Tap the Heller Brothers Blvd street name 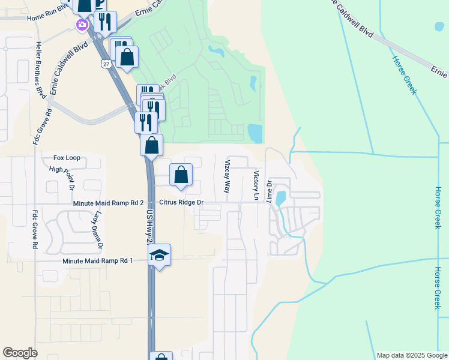click(x=41, y=71)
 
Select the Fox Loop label click(x=67, y=158)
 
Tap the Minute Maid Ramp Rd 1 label click(x=97, y=260)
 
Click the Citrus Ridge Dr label click(x=181, y=203)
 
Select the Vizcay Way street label click(x=227, y=176)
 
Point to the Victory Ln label click(x=256, y=185)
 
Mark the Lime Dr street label click(x=270, y=191)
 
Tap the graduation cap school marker click(x=160, y=256)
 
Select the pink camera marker click(x=81, y=25)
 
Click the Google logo click(x=20, y=353)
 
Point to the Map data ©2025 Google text click(x=411, y=355)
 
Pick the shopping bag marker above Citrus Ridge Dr click(x=181, y=175)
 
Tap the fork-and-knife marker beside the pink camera click(x=105, y=22)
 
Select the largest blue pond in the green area click(x=255, y=133)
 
